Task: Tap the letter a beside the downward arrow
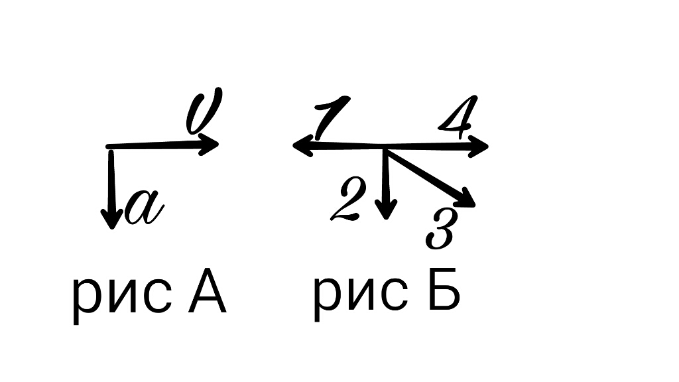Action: click(x=145, y=208)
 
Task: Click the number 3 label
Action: click(x=441, y=229)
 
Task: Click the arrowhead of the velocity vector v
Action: click(x=212, y=144)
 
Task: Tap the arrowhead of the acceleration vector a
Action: click(x=111, y=218)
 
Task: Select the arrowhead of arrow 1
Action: click(x=302, y=145)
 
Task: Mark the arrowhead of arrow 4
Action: click(x=479, y=146)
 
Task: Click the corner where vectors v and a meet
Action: click(x=109, y=147)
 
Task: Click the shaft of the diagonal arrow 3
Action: click(x=424, y=172)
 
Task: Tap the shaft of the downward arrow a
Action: click(x=111, y=179)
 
